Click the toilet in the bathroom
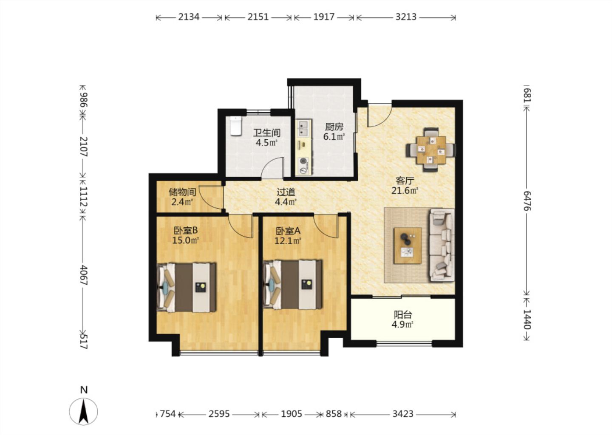coord(236,126)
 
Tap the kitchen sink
coord(303,128)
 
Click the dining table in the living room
coord(431,150)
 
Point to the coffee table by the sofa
coord(407,246)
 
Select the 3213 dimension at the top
coord(406,17)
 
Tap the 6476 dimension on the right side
coord(527,201)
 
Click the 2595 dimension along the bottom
coord(219,414)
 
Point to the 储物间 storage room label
coord(182,192)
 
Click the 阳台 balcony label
coord(403,315)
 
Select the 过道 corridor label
coord(286,192)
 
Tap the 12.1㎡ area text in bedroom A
coord(288,241)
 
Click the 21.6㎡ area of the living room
coord(405,190)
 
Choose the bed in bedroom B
coord(187,287)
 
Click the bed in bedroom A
coord(292,285)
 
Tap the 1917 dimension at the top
coord(324,17)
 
